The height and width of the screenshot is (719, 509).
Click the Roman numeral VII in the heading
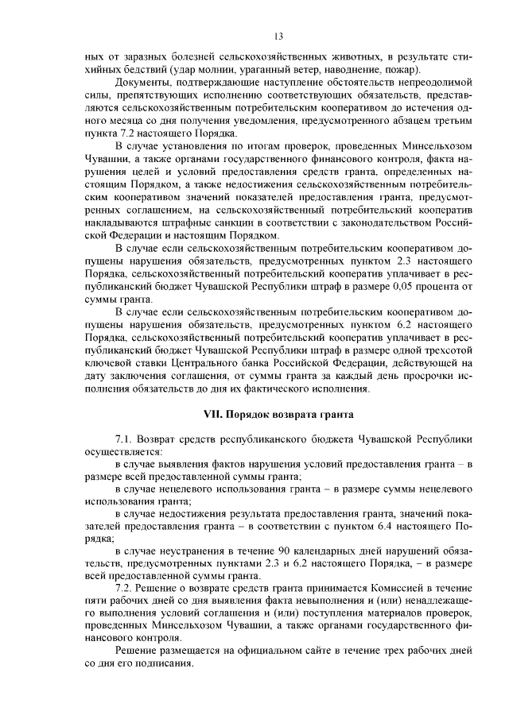click(214, 414)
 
